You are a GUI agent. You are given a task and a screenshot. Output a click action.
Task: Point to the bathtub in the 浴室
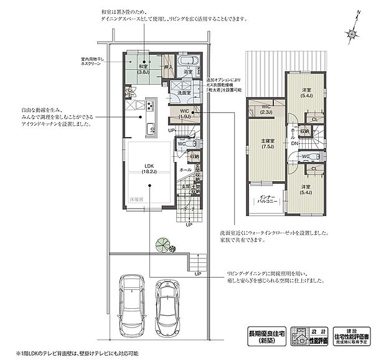point(187,62)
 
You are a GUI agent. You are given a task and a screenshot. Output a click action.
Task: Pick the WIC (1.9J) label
point(185,113)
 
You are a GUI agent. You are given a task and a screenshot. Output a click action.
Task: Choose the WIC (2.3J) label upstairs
point(266,110)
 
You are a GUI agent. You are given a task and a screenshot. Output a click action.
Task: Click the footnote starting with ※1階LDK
point(74,353)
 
